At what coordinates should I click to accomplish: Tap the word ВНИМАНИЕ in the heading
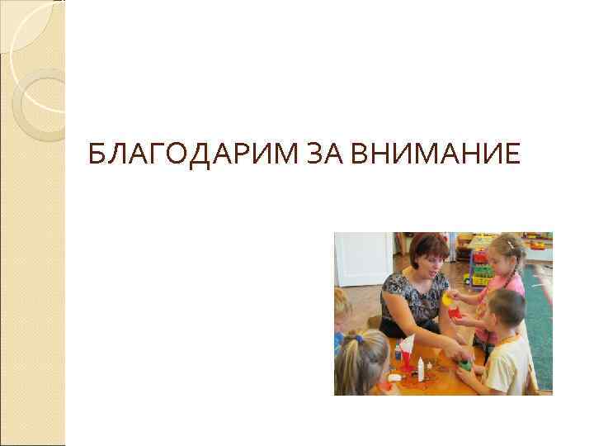tap(427, 153)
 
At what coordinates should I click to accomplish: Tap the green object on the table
tap(466, 364)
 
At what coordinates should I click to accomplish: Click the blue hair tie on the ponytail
tap(358, 339)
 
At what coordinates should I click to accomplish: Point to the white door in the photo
tap(362, 258)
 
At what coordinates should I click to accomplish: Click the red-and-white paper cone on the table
tap(408, 348)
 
